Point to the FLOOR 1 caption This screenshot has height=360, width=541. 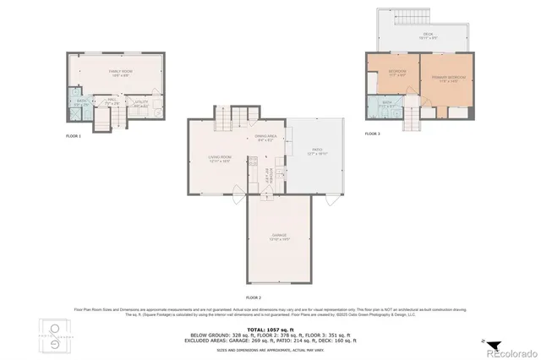74,136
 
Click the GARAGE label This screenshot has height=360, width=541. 279,236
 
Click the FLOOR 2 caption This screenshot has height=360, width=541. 254,298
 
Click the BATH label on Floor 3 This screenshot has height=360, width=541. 387,103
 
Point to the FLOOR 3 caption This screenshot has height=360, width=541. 373,134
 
